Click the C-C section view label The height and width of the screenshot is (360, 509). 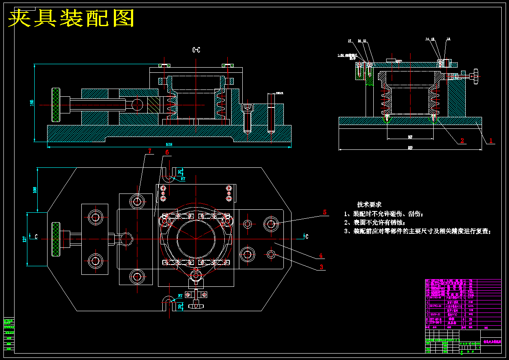[196, 50]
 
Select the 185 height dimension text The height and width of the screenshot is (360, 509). [31, 103]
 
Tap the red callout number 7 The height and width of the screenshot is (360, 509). [150, 151]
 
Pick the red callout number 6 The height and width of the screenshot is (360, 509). [167, 152]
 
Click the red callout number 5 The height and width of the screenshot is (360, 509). [324, 212]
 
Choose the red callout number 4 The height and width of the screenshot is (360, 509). [320, 256]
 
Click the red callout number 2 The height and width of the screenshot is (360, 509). [462, 140]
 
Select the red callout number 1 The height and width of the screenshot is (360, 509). [491, 140]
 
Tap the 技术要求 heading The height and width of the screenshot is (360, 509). [369, 205]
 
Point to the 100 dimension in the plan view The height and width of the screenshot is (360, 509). [35, 190]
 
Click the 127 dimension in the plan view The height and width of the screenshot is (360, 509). [24, 238]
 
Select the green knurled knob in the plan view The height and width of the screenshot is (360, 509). [55, 239]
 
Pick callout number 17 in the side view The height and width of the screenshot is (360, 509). [349, 41]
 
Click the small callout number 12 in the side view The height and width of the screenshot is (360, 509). [448, 39]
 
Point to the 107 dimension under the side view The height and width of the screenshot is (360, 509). [410, 137]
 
